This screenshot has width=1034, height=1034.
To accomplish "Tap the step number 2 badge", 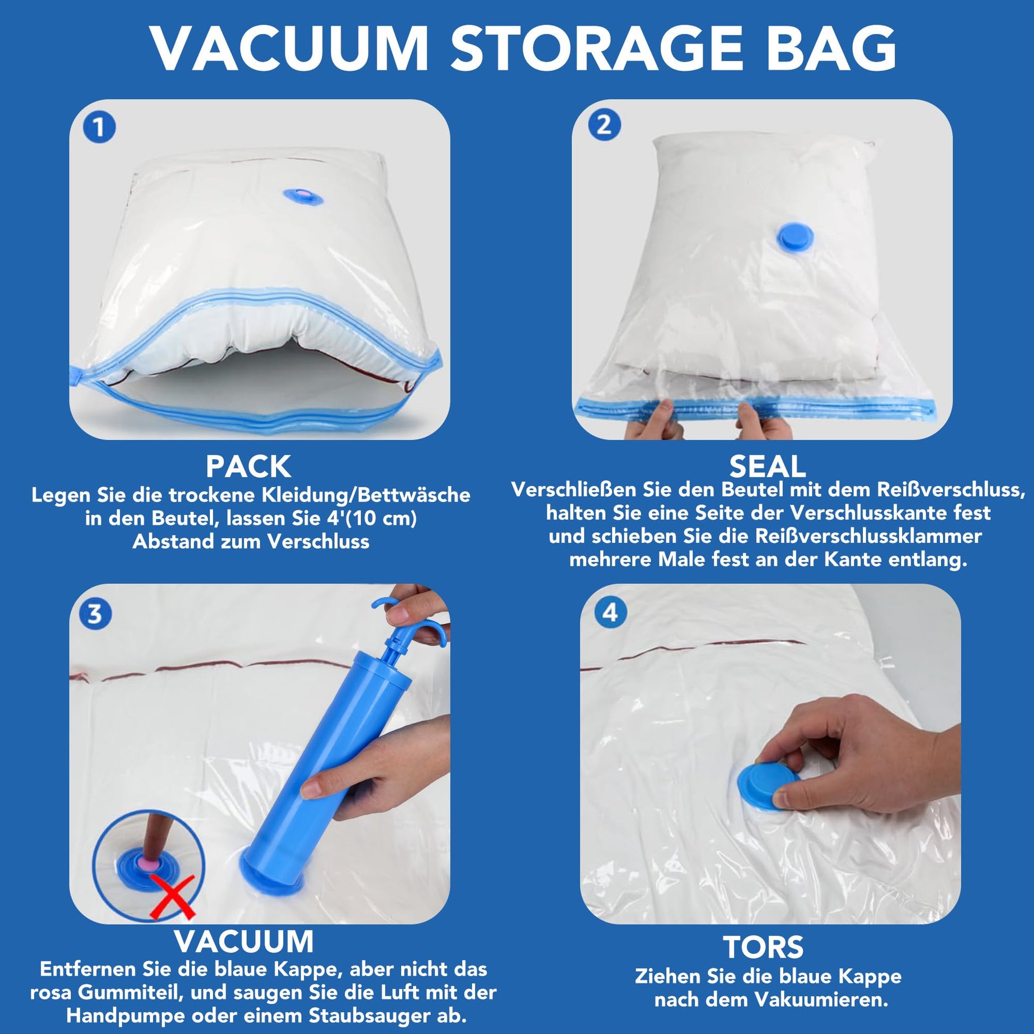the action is tap(604, 125).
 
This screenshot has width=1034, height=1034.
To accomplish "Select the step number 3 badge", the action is tap(95, 614).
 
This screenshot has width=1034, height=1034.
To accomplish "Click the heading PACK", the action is tap(248, 467).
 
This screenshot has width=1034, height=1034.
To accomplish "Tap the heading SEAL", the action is tap(767, 466).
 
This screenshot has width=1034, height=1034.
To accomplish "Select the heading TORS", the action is tap(763, 947).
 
